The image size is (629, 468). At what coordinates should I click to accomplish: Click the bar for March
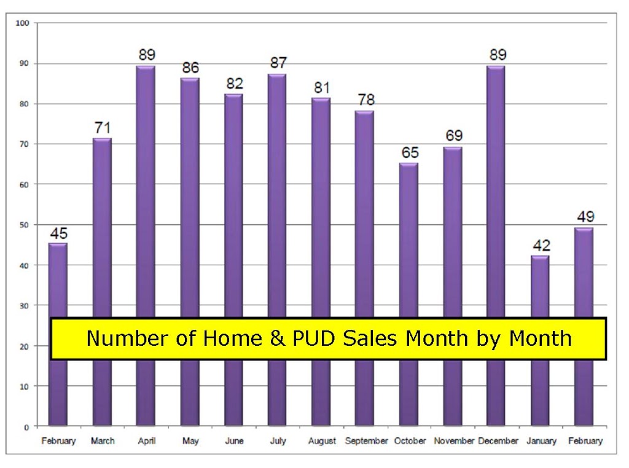coord(102,281)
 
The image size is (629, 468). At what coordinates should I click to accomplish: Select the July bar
coord(277,249)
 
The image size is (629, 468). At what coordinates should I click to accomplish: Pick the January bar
coord(540,340)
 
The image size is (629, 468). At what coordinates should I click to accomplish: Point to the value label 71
coord(103,128)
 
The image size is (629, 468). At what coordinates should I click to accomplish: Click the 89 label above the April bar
coord(147,55)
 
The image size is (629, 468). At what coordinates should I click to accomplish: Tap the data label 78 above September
coord(366,99)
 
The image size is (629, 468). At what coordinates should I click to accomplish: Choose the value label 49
coord(585,217)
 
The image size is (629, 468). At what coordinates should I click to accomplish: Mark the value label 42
coord(542,245)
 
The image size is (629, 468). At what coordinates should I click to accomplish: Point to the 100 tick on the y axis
coord(23,23)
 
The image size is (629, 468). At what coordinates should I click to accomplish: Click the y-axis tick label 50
coord(24,225)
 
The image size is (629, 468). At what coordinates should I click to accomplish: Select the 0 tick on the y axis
coord(26,427)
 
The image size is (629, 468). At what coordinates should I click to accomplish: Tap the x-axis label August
coord(322,441)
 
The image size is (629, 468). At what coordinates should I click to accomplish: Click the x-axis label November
coord(454,441)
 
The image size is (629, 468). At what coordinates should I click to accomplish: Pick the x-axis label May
coord(190,441)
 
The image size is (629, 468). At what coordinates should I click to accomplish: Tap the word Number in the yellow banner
coord(128,338)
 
